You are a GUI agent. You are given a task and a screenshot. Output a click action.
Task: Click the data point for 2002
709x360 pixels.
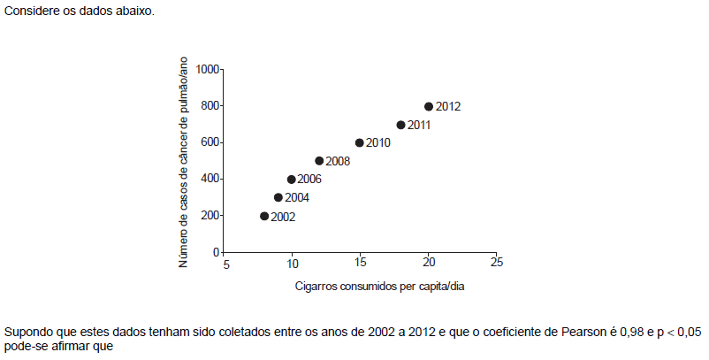pyautogui.click(x=264, y=216)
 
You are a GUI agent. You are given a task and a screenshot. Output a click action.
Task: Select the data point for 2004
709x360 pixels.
pyautogui.click(x=278, y=197)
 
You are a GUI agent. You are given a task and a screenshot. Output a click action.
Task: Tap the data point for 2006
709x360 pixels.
pyautogui.click(x=292, y=180)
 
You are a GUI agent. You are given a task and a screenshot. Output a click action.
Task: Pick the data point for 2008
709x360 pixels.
pyautogui.click(x=319, y=161)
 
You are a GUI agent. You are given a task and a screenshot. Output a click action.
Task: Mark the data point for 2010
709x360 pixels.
pyautogui.click(x=360, y=142)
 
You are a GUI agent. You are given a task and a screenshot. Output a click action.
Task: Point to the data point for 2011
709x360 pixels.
pyautogui.click(x=400, y=125)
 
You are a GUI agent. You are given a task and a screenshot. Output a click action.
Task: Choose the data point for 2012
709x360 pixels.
pyautogui.click(x=429, y=106)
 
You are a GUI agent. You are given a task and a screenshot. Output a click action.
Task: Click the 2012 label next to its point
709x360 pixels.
pyautogui.click(x=448, y=107)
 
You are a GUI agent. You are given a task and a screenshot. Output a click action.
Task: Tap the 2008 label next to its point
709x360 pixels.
pyautogui.click(x=339, y=162)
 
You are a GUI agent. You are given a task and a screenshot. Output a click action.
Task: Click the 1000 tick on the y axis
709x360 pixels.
pyautogui.click(x=209, y=69)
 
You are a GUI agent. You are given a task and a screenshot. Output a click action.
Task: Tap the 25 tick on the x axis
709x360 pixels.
pyautogui.click(x=497, y=264)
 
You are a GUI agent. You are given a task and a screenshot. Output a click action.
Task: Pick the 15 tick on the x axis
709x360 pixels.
pyautogui.click(x=360, y=264)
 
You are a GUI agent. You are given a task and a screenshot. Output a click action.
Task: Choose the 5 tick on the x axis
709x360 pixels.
pyautogui.click(x=225, y=264)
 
